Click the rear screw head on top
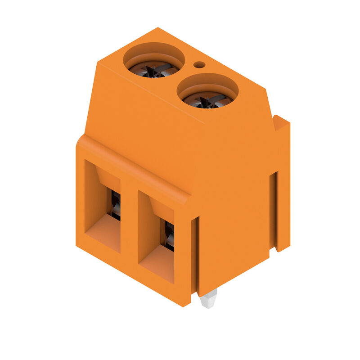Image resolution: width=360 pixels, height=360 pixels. pos(154,69)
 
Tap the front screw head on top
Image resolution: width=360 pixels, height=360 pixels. pos(207,100)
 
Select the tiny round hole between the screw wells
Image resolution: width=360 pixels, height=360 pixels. pos(199,65)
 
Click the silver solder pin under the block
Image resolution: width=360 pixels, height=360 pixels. pos(208,299)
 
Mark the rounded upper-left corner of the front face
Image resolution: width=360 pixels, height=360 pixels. pos(81,139)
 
